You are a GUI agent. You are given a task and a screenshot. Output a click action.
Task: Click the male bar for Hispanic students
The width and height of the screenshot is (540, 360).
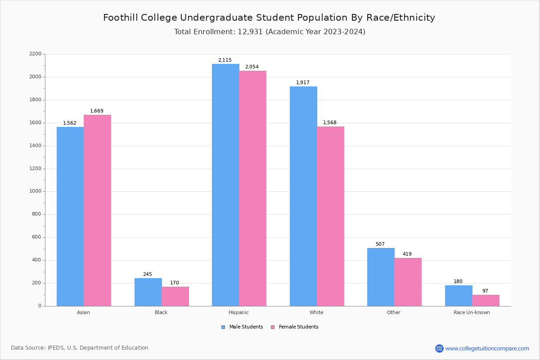(x=225, y=184)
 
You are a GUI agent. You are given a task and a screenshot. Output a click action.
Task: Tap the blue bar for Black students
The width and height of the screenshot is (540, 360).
(x=148, y=292)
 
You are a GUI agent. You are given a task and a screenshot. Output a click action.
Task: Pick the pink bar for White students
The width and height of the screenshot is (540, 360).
(x=330, y=216)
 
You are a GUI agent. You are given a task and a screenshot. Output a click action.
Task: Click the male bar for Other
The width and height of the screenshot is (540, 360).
(x=381, y=277)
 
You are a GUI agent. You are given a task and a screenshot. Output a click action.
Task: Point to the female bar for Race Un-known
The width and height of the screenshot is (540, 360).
(x=486, y=300)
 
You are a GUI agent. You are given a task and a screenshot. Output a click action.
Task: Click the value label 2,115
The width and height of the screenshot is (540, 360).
(x=225, y=60)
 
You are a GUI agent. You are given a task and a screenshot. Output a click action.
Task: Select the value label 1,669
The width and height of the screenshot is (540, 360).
(x=97, y=111)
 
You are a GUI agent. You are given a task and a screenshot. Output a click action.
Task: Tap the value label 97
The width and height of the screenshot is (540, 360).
(x=485, y=291)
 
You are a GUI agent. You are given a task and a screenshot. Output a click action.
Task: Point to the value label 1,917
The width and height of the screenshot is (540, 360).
(x=303, y=83)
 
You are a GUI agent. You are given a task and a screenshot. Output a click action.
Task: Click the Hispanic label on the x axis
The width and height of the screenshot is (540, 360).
(x=238, y=312)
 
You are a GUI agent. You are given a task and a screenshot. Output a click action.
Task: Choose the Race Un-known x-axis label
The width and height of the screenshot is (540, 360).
(x=472, y=312)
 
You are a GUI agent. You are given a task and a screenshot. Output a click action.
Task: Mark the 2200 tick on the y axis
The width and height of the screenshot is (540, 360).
(x=35, y=54)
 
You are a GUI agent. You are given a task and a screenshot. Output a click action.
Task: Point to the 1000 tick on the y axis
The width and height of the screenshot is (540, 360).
(x=35, y=191)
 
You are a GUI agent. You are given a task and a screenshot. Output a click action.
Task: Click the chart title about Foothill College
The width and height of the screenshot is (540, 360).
(x=269, y=18)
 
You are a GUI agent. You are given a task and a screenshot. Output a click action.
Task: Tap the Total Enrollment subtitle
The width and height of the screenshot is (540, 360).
(x=270, y=32)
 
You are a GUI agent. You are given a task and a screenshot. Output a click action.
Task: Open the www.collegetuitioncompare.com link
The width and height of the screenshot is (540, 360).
(x=487, y=348)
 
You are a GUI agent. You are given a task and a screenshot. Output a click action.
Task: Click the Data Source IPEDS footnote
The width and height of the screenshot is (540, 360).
(x=80, y=348)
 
